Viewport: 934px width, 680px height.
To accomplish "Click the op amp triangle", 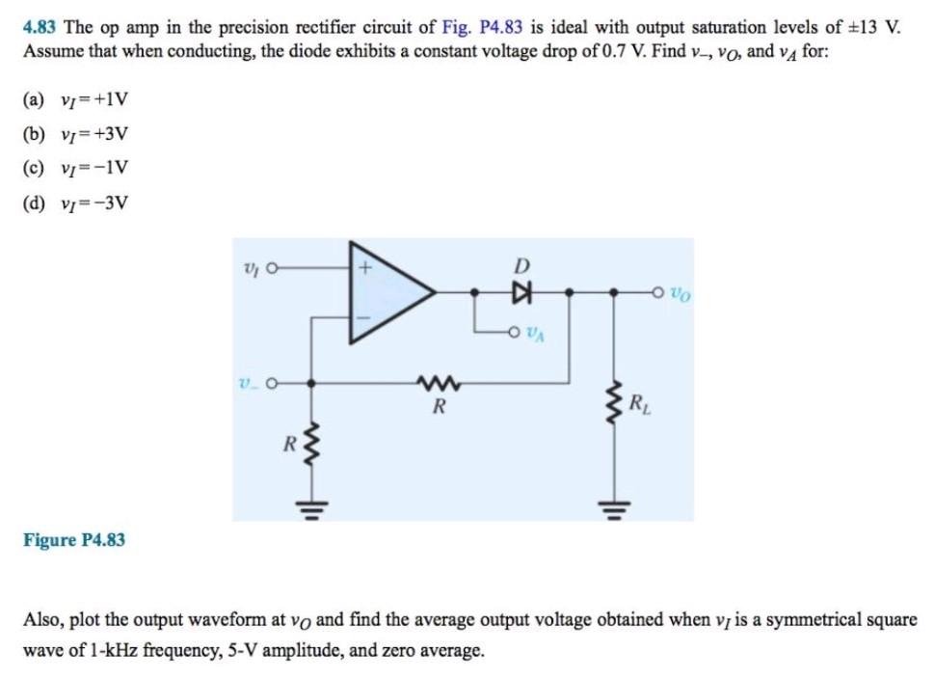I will coord(386,289).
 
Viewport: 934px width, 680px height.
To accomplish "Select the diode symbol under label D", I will coord(522,289).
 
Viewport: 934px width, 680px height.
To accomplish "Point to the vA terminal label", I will coord(538,334).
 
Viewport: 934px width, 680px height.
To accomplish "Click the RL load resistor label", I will coord(639,404).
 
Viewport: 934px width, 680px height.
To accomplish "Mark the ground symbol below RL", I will coord(611,504).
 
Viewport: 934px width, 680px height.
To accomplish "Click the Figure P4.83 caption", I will coord(74,540).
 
